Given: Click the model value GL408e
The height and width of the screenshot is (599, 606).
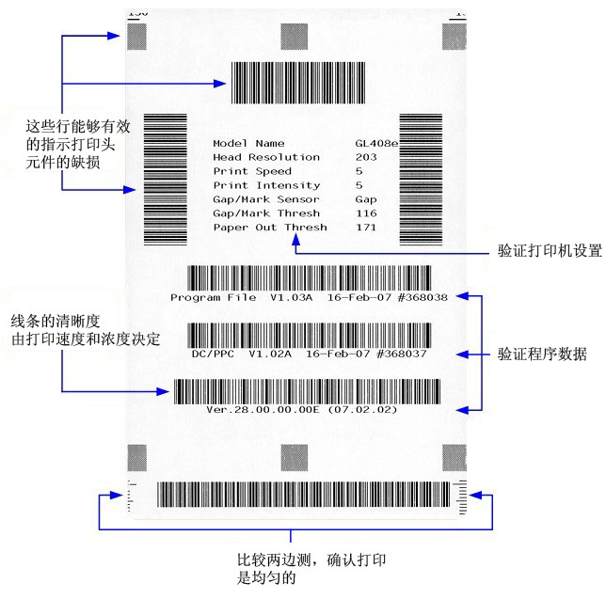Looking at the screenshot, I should [x=375, y=144].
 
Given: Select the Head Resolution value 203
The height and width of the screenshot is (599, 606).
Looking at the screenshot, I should [x=365, y=158].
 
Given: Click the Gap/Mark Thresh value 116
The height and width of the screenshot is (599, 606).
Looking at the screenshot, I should [x=365, y=214].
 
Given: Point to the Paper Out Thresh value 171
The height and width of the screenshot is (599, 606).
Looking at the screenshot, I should [x=365, y=229].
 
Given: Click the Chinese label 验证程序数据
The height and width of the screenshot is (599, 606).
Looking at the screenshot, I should [x=543, y=355].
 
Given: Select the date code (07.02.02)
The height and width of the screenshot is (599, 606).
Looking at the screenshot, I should [x=363, y=410].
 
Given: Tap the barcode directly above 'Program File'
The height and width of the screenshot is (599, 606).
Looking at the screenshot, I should [x=310, y=278].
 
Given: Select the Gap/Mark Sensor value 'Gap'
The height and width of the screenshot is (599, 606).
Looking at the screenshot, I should [x=365, y=200].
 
